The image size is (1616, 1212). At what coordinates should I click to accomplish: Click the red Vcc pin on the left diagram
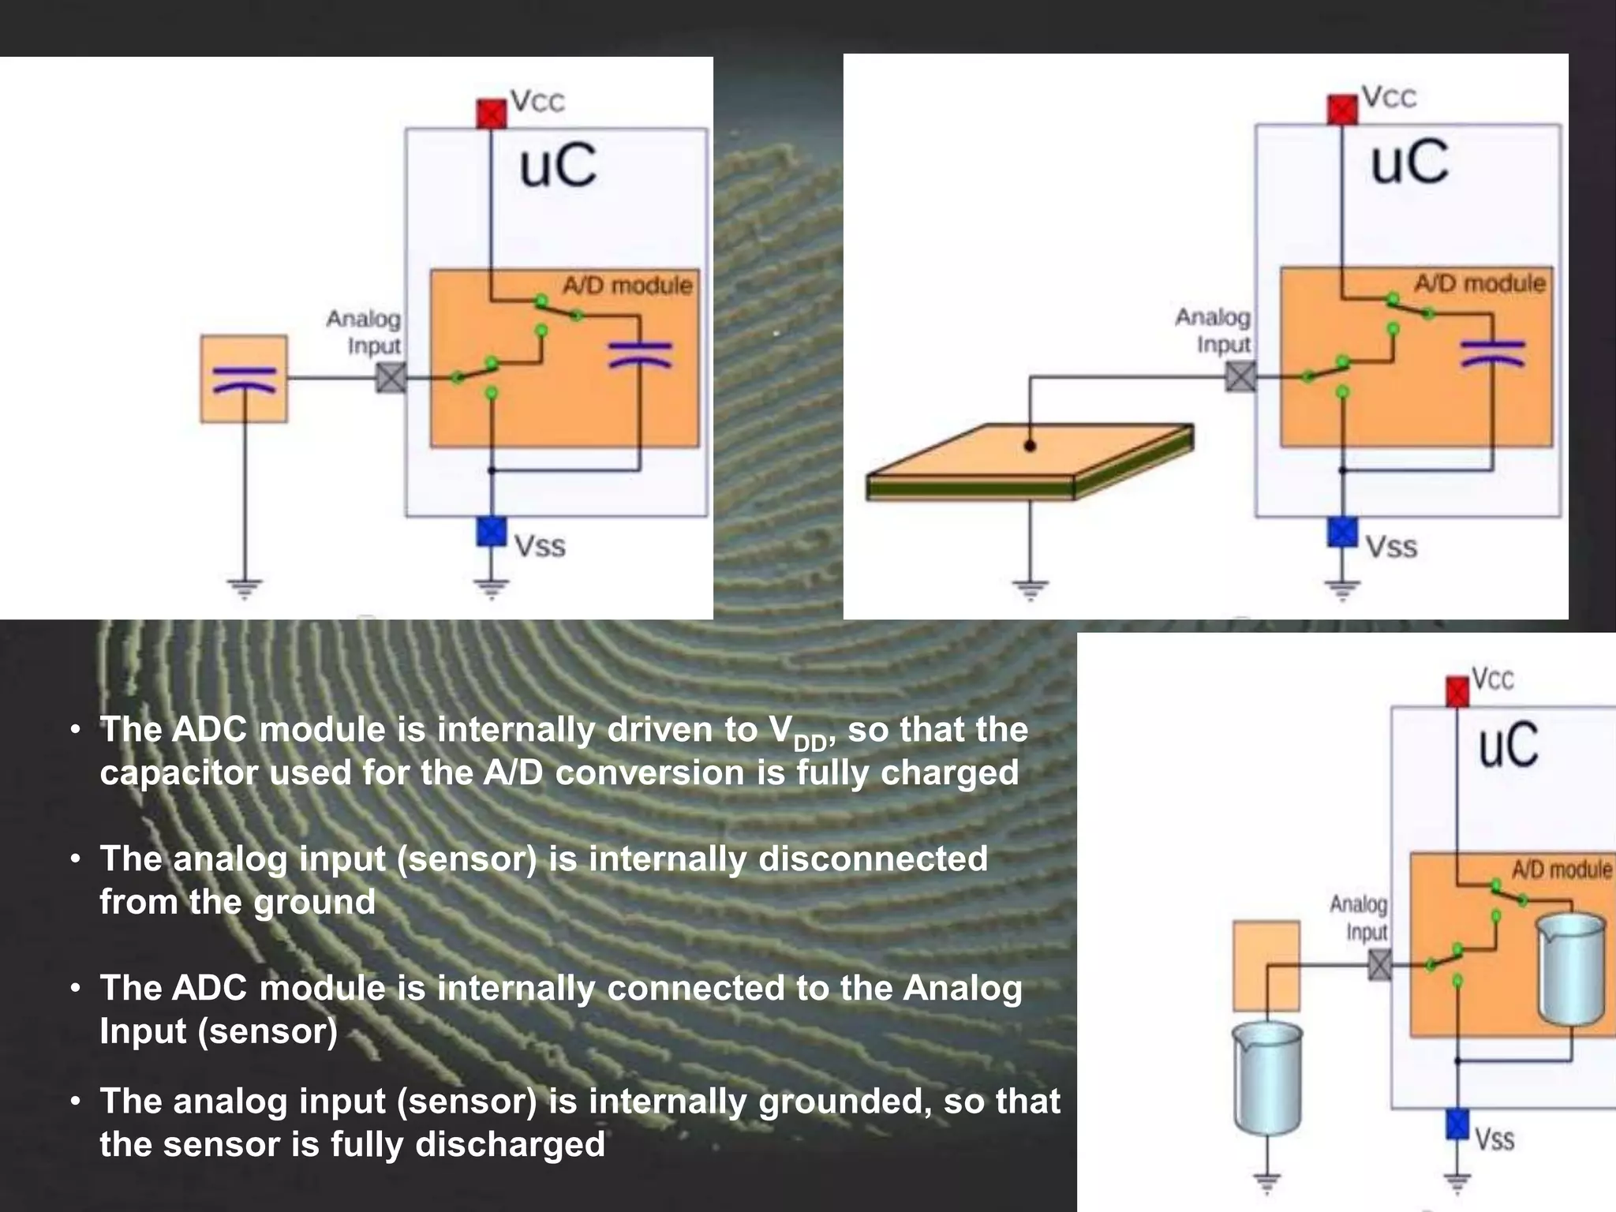click(x=491, y=114)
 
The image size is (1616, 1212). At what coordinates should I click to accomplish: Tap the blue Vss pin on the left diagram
click(x=491, y=531)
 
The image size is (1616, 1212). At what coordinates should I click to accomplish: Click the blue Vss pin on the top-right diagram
click(x=1342, y=531)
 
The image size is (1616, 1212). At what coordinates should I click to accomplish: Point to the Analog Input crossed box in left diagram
click(x=391, y=378)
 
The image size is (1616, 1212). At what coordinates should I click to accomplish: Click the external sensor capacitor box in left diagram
click(x=244, y=379)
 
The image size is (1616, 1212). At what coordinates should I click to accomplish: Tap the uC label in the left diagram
click(x=558, y=166)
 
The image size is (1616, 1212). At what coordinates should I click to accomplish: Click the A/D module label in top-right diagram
click(x=1479, y=283)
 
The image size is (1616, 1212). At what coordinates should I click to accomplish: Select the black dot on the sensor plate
click(x=1030, y=446)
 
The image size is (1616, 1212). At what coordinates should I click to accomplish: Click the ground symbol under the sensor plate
click(x=1030, y=588)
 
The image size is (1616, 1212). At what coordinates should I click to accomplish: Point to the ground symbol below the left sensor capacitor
click(x=245, y=588)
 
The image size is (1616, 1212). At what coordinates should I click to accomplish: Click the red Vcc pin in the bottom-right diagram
click(x=1457, y=692)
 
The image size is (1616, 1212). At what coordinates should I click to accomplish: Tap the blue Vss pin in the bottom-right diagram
click(x=1457, y=1124)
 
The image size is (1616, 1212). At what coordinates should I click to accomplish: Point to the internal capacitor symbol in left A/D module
click(x=640, y=354)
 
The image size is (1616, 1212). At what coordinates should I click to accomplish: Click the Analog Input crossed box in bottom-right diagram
click(x=1379, y=964)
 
